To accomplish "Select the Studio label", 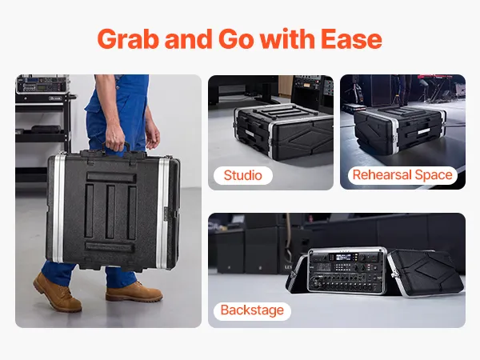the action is [x=243, y=175].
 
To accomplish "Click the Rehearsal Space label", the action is [x=402, y=175].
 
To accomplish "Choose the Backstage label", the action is [x=252, y=310].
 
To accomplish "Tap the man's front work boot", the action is [x=134, y=292].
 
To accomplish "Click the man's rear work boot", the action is [x=57, y=292].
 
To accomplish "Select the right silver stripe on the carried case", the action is [x=162, y=214].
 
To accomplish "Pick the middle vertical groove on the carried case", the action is [x=110, y=212].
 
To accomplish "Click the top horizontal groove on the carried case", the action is [x=111, y=178].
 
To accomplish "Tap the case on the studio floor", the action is [x=283, y=132].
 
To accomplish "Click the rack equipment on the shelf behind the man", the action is [x=42, y=84].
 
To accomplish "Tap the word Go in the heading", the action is [x=236, y=39].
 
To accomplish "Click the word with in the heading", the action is [x=287, y=38].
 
